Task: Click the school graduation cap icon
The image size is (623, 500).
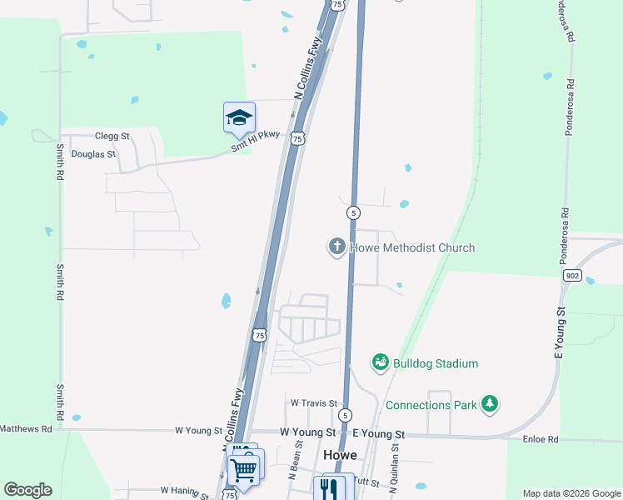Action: coord(239,117)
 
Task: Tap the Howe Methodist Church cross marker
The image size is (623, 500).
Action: coord(336,247)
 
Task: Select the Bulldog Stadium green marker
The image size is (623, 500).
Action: coord(381,362)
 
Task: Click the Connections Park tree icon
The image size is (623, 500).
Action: coord(491,404)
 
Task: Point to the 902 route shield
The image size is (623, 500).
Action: coord(571,275)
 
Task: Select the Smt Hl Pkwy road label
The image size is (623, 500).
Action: coord(256,143)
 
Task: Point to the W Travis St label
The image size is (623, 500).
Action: coord(312,402)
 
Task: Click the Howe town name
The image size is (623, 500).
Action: coord(340,456)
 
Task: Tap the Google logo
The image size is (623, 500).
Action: coord(27,490)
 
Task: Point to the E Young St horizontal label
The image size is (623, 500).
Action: coord(378,434)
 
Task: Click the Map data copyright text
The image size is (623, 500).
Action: coord(571,493)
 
